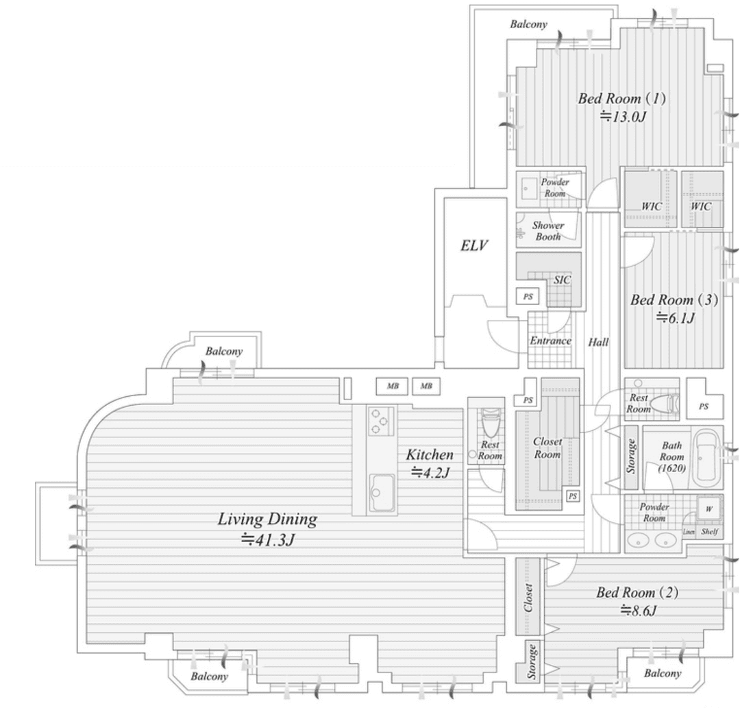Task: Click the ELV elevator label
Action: tap(474, 245)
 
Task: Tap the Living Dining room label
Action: tap(267, 520)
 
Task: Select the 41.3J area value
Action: tap(268, 539)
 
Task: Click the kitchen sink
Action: tap(382, 493)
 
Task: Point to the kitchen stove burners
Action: tap(382, 421)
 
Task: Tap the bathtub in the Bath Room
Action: tap(706, 459)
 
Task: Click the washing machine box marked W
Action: tap(709, 509)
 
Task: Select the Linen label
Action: tap(689, 532)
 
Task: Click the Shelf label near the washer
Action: tap(709, 531)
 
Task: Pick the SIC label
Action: tap(562, 280)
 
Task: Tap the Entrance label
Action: tap(550, 341)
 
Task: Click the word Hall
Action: tap(598, 342)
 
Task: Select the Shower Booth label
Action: tap(548, 231)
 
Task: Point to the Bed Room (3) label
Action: tap(674, 300)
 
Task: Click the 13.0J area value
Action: tap(622, 116)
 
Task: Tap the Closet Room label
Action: tap(547, 448)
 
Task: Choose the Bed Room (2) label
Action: tap(638, 592)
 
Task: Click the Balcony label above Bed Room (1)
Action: tap(528, 24)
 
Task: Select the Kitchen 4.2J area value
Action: tap(430, 472)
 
